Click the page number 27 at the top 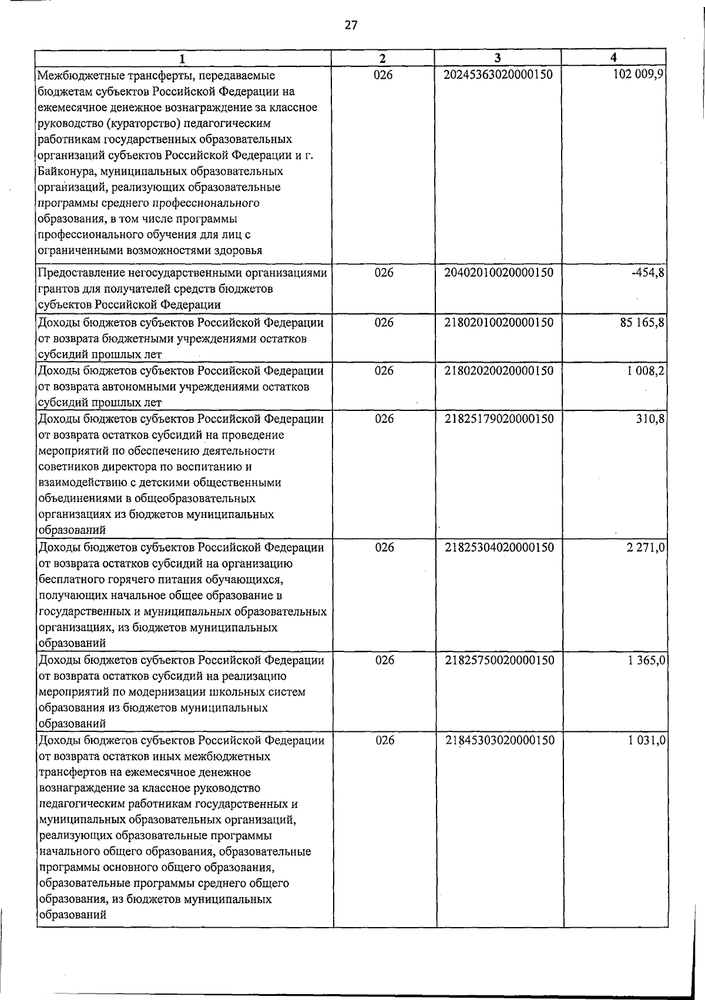pyautogui.click(x=351, y=25)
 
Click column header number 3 pyautogui.click(x=498, y=58)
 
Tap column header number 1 pyautogui.click(x=183, y=58)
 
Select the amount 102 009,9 pyautogui.click(x=637, y=75)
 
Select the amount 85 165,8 pyautogui.click(x=641, y=323)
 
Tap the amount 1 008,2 pyautogui.click(x=644, y=371)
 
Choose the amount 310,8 pyautogui.click(x=650, y=419)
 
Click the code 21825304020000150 pyautogui.click(x=499, y=547)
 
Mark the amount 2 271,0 pyautogui.click(x=645, y=547)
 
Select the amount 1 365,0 pyautogui.click(x=646, y=660)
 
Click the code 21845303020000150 pyautogui.click(x=499, y=740)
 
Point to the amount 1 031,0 pyautogui.click(x=646, y=740)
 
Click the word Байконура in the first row pyautogui.click(x=65, y=172)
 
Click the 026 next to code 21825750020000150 pyautogui.click(x=384, y=660)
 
